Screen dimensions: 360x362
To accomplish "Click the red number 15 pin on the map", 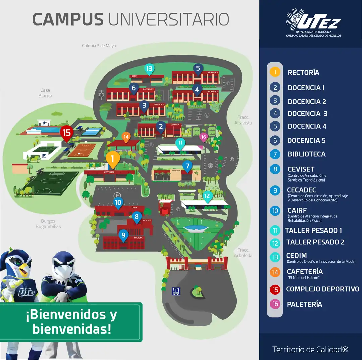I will point(67,133).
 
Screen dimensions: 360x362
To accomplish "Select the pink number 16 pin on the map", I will point(204,137).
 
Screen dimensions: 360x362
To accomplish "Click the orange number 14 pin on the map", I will point(126,137).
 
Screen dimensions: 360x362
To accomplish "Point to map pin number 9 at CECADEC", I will point(123,235).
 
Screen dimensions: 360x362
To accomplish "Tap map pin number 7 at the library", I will point(187,166).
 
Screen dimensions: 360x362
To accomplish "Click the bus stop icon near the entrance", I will point(176,291).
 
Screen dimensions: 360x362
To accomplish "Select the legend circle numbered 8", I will point(275,169).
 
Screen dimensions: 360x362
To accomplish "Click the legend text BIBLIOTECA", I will point(306,154).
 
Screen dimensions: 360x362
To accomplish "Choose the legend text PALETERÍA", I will point(304,304).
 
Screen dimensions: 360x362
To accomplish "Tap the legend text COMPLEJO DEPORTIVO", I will point(322,289).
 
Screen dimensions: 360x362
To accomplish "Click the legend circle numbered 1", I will point(275,72).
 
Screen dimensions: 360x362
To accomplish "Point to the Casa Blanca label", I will point(45,93).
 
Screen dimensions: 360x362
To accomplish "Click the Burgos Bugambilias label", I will point(48,224).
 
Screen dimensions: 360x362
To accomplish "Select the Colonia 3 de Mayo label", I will point(99,46).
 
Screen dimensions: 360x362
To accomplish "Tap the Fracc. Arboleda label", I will point(245,253).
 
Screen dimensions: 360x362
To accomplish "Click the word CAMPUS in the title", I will point(68,19).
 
